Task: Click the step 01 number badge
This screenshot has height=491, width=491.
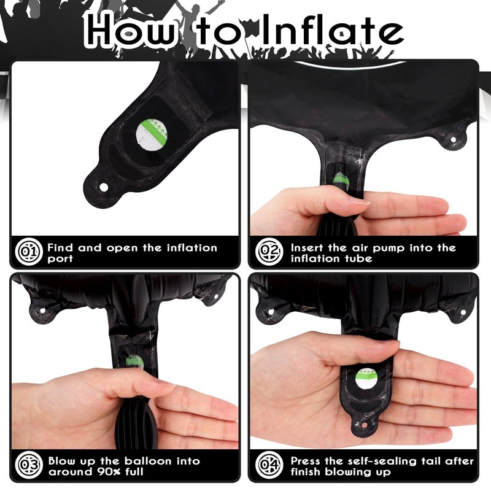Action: click(x=28, y=252)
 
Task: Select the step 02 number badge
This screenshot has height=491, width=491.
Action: click(x=269, y=252)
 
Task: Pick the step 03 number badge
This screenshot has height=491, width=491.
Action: click(x=28, y=465)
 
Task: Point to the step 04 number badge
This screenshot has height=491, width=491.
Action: click(x=269, y=465)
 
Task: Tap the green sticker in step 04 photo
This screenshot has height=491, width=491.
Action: click(x=366, y=379)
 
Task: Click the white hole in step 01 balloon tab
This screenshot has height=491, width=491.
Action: click(x=104, y=188)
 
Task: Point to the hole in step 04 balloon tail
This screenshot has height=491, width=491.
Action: click(x=364, y=426)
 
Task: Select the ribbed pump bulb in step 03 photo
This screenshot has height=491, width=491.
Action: click(x=137, y=423)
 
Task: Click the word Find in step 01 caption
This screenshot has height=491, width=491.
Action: click(x=60, y=248)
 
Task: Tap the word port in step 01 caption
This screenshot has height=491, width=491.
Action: click(x=60, y=259)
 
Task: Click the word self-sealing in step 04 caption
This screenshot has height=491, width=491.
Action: click(x=382, y=462)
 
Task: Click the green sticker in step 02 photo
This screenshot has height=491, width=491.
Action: click(x=341, y=179)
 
